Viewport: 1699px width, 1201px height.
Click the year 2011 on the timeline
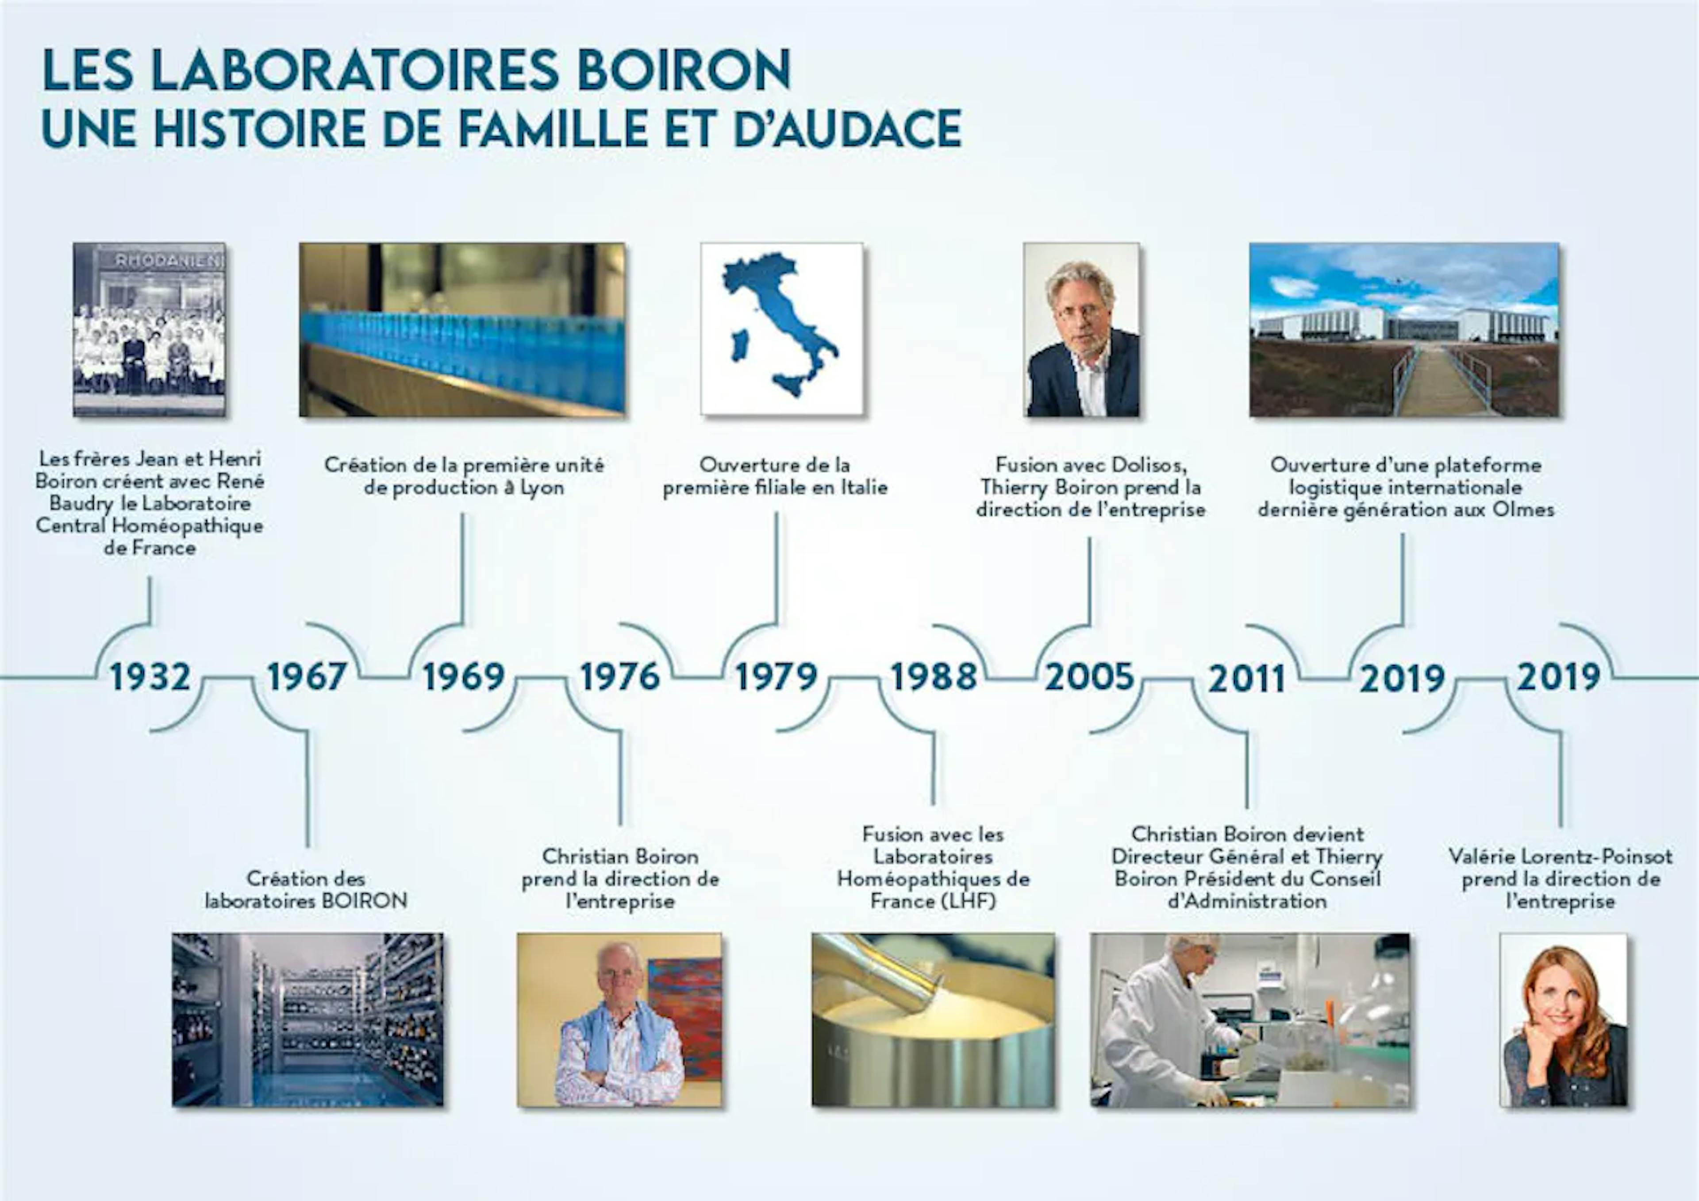tap(1247, 678)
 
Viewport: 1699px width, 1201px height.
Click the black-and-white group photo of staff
tap(150, 329)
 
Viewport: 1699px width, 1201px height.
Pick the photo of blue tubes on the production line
tap(462, 329)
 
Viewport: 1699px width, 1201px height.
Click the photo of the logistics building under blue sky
tap(1404, 329)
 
